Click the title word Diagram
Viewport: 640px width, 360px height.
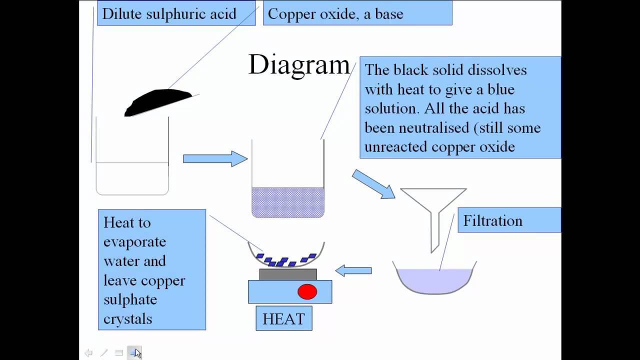pyautogui.click(x=299, y=65)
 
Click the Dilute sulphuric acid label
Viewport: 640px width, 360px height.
pyautogui.click(x=169, y=14)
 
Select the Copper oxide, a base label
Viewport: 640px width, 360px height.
pyautogui.click(x=335, y=14)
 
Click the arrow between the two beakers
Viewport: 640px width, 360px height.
pyautogui.click(x=215, y=159)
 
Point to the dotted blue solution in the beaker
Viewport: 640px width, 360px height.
pyautogui.click(x=288, y=202)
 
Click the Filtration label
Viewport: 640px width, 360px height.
pyautogui.click(x=492, y=220)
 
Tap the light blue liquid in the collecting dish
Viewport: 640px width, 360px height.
pyautogui.click(x=434, y=279)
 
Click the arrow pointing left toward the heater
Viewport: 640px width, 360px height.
pyautogui.click(x=353, y=270)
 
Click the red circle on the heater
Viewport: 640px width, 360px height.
pyautogui.click(x=307, y=291)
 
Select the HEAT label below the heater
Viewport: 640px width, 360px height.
pyautogui.click(x=283, y=318)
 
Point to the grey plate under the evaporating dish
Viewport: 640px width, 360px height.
pyautogui.click(x=288, y=274)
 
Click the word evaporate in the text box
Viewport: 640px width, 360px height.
pyautogui.click(x=134, y=242)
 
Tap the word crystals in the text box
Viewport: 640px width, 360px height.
pyautogui.click(x=127, y=318)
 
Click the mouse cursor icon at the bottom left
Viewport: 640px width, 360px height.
pyautogui.click(x=137, y=353)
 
